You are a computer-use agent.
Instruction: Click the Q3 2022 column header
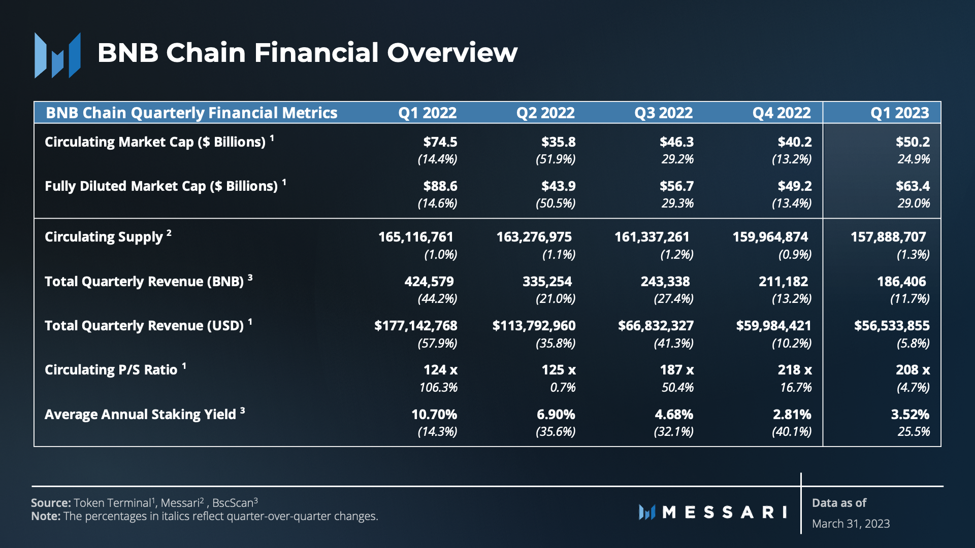[663, 113]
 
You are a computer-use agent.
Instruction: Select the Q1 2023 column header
[899, 113]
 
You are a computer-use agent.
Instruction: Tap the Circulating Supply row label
[104, 237]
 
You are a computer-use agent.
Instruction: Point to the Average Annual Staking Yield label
[140, 415]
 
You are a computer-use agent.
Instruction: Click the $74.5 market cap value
[440, 142]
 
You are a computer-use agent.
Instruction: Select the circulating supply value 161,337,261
[652, 237]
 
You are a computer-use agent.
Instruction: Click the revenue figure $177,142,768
[415, 326]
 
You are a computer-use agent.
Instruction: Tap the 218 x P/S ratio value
[794, 370]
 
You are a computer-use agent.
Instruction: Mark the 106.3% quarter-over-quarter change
[438, 388]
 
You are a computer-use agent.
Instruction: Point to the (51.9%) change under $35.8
[555, 159]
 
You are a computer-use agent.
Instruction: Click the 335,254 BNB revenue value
[547, 282]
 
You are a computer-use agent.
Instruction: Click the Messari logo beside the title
[57, 55]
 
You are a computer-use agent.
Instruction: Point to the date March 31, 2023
[851, 524]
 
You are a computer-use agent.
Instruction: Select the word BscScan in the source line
[232, 503]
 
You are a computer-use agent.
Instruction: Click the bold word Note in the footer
[45, 517]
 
